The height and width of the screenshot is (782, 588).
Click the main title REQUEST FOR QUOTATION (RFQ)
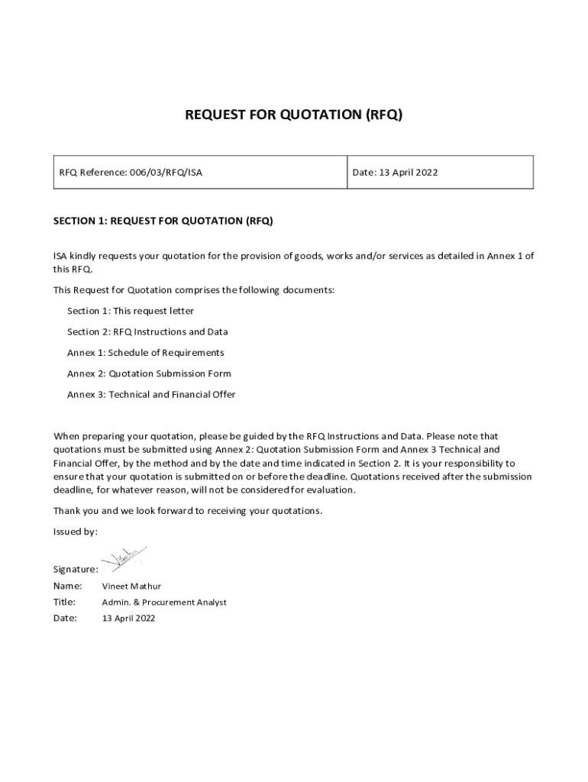293,115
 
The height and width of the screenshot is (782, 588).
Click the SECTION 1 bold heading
163,221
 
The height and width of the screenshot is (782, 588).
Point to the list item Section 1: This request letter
131,311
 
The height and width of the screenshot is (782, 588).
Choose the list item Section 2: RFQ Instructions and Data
147,332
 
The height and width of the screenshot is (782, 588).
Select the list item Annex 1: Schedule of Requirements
146,353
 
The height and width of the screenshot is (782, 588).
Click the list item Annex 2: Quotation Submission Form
149,374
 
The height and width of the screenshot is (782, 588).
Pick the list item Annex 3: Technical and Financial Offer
151,395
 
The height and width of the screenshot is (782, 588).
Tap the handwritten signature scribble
123,559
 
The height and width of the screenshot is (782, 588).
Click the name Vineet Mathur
131,586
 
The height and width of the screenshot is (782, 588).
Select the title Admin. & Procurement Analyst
164,603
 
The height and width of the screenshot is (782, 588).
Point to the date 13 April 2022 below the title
128,619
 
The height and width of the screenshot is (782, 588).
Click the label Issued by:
75,532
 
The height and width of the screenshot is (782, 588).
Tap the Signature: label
75,570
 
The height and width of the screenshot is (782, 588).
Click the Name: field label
67,586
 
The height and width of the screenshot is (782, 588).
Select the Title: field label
65,603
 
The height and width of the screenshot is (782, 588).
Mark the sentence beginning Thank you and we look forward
187,510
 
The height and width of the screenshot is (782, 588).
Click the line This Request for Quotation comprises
193,290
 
